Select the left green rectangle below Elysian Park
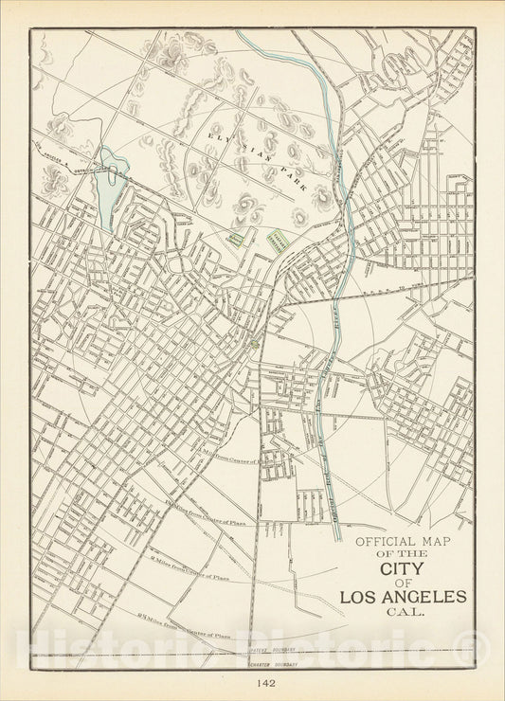coord(235,238)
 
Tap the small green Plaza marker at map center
coord(253,344)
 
